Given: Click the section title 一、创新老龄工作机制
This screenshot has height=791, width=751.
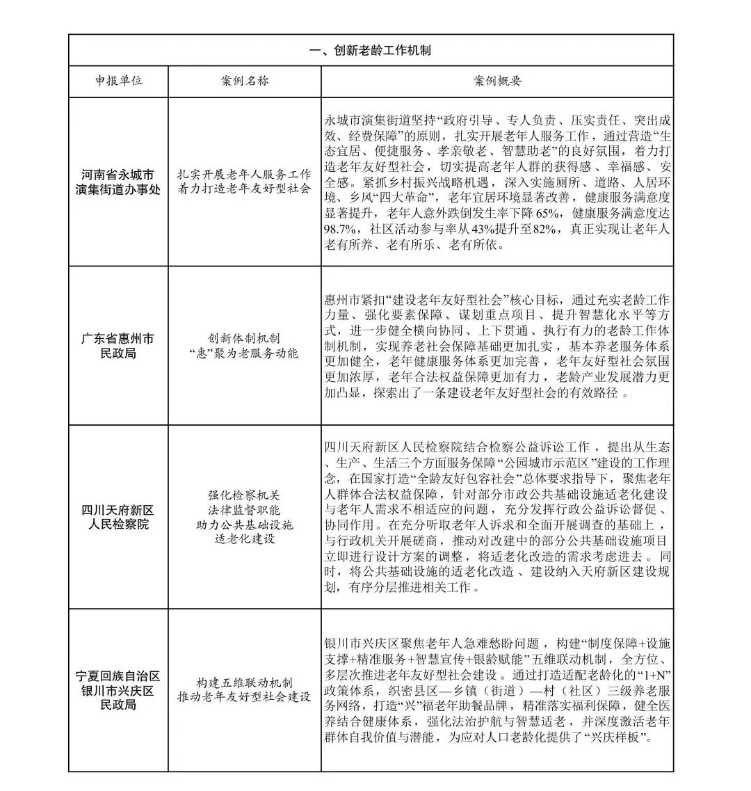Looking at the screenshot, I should pyautogui.click(x=370, y=51).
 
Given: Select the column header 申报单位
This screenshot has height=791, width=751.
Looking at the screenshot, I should pyautogui.click(x=118, y=81).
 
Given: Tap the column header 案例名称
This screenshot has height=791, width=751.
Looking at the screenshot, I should pyautogui.click(x=244, y=81).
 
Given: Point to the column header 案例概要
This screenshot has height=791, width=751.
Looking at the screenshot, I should pyautogui.click(x=497, y=81).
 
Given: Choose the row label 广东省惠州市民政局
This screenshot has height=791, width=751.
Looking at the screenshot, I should pyautogui.click(x=118, y=346).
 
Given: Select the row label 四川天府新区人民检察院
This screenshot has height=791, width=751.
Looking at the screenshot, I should pyautogui.click(x=118, y=517).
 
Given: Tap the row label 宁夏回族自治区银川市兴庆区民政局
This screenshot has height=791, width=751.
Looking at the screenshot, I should pyautogui.click(x=118, y=690).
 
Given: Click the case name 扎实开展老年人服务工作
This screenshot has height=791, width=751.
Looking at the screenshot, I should pyautogui.click(x=244, y=174).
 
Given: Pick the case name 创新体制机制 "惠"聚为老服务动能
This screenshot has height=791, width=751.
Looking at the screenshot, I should pyautogui.click(x=244, y=346).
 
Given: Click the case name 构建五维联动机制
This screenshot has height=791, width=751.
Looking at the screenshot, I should pyautogui.click(x=244, y=683).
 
